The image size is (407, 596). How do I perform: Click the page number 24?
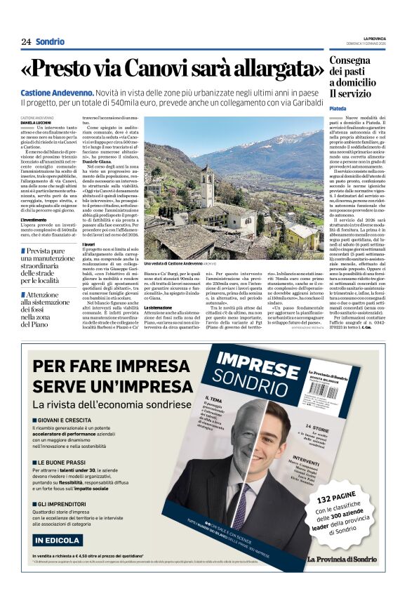(x=26, y=41)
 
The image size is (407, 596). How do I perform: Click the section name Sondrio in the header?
(x=50, y=41)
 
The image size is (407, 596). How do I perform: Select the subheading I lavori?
(x=89, y=243)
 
